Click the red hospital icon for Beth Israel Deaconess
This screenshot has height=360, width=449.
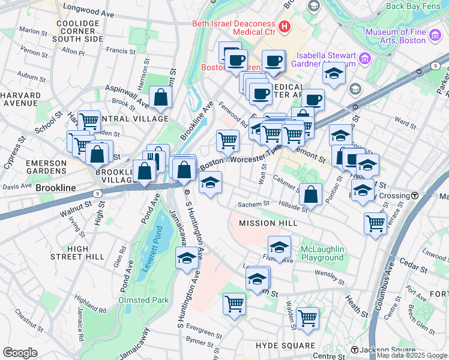click(284, 26)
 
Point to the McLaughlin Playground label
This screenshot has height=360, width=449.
click(322, 253)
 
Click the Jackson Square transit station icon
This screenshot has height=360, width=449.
click(355, 350)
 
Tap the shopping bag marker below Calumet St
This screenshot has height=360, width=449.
click(310, 194)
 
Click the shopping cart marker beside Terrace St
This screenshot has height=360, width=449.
click(375, 223)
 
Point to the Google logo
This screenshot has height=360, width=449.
click(20, 353)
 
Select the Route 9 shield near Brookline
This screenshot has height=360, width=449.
click(96, 194)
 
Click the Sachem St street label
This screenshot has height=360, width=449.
click(253, 204)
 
